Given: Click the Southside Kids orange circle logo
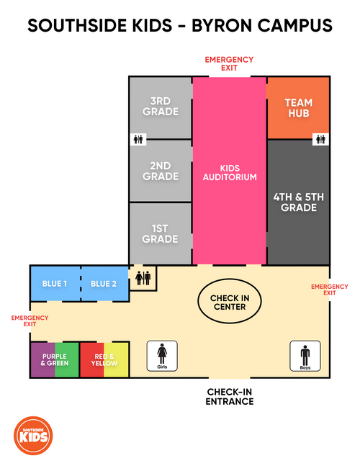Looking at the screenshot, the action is click(33, 435).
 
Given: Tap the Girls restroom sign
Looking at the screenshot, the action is click(162, 356).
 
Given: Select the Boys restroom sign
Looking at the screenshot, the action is click(305, 356).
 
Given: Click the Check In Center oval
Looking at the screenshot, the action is click(230, 301).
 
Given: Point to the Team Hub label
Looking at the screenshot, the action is click(299, 108).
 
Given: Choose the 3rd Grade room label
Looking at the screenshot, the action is click(161, 106).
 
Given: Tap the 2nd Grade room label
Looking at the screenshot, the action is click(161, 171).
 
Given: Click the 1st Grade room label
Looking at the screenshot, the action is click(160, 233).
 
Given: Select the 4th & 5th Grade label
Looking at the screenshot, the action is click(299, 202).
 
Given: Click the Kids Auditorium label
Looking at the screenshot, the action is click(230, 173).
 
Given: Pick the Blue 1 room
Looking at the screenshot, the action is click(55, 284).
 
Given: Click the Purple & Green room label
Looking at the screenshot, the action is click(55, 359).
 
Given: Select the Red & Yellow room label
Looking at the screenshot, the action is click(104, 359).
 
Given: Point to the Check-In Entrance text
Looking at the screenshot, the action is click(230, 397).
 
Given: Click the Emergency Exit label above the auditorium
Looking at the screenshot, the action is click(229, 63).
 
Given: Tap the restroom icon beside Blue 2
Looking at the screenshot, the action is click(143, 279).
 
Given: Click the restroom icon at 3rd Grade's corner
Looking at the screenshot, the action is click(138, 139).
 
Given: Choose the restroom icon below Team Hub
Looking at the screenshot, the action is click(320, 139).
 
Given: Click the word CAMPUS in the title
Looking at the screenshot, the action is click(294, 25).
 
